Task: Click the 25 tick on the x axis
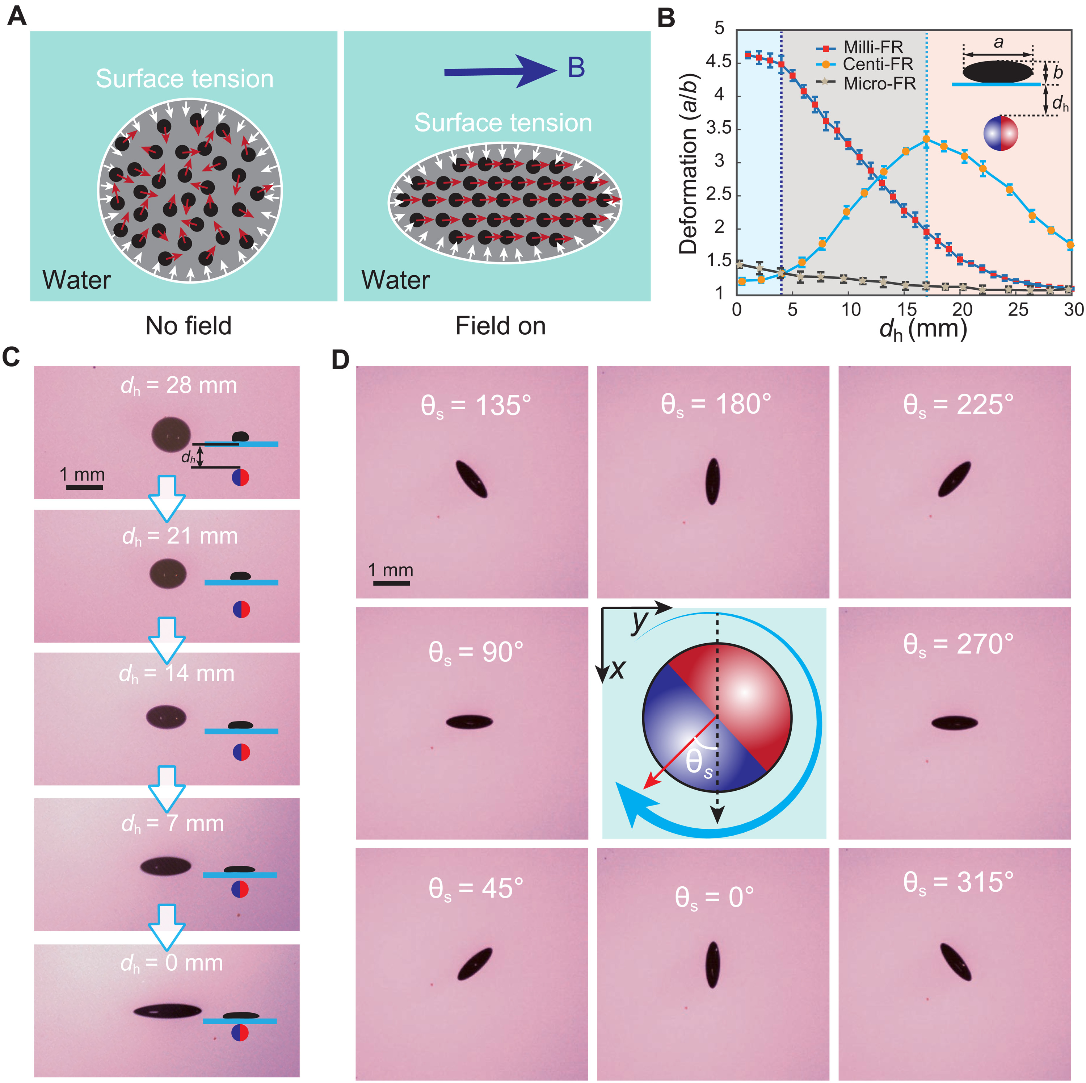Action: tap(1018, 309)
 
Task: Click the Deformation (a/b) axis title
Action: tap(688, 163)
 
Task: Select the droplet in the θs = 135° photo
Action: tap(471, 478)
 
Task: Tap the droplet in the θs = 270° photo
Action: tap(955, 723)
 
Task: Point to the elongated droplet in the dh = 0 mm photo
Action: tap(168, 1011)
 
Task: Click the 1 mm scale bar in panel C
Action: tap(84, 487)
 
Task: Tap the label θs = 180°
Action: tap(716, 404)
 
